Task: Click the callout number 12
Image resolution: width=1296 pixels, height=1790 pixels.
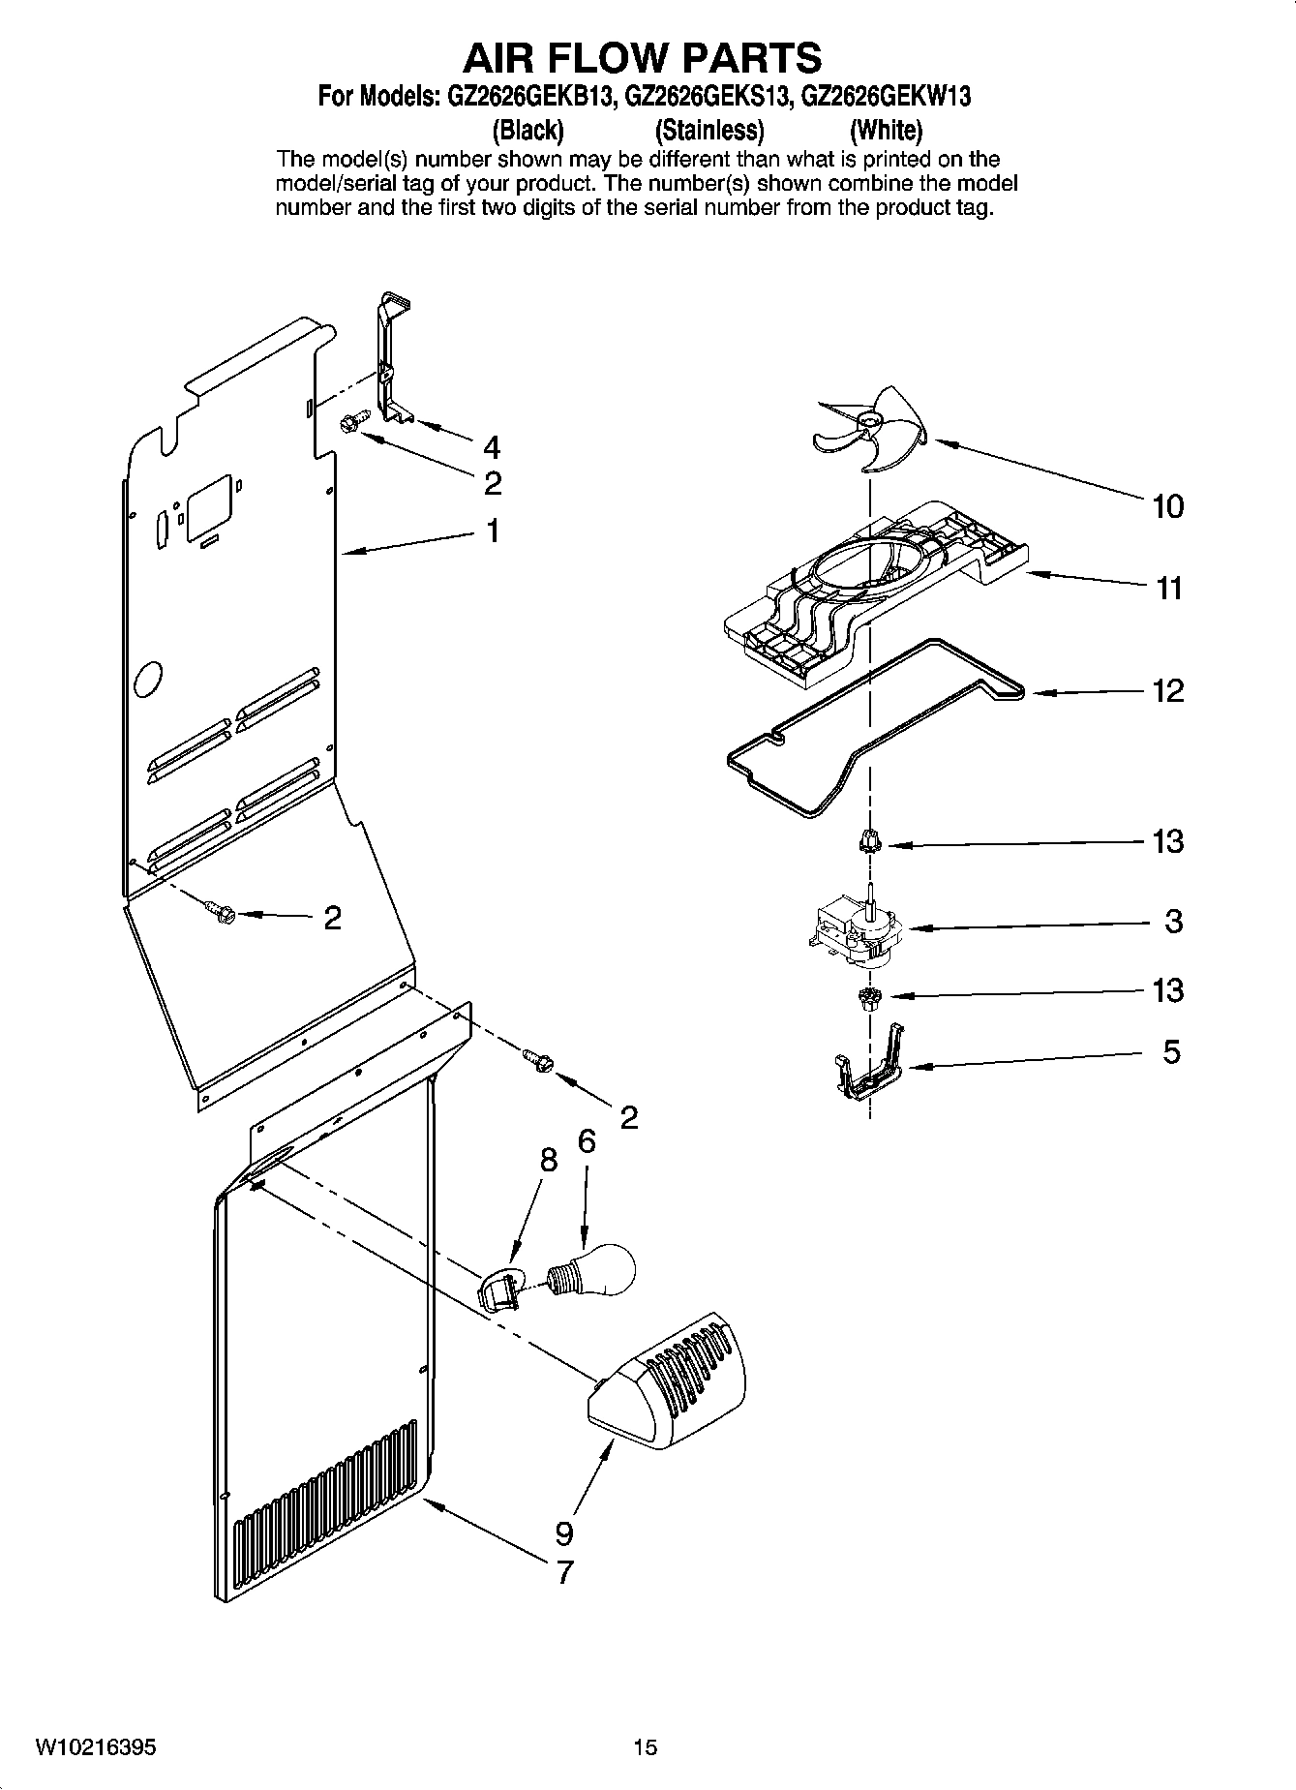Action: pos(1168,691)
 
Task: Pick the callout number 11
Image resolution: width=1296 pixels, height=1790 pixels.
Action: pos(1169,588)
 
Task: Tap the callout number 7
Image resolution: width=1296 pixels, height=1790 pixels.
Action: pos(564,1571)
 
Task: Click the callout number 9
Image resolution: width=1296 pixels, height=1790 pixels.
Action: pos(564,1532)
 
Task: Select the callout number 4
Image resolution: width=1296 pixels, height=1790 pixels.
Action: pos(492,447)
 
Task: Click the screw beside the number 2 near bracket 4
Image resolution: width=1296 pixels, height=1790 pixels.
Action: pos(350,424)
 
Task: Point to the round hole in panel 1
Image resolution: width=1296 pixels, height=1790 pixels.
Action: pos(147,681)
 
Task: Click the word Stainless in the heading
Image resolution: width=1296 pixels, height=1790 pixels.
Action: pos(709,130)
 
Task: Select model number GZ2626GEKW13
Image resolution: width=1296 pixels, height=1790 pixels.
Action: pos(887,97)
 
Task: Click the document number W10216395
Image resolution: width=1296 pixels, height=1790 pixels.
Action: pos(95,1747)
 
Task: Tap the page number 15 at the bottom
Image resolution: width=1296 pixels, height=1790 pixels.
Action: pos(646,1747)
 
